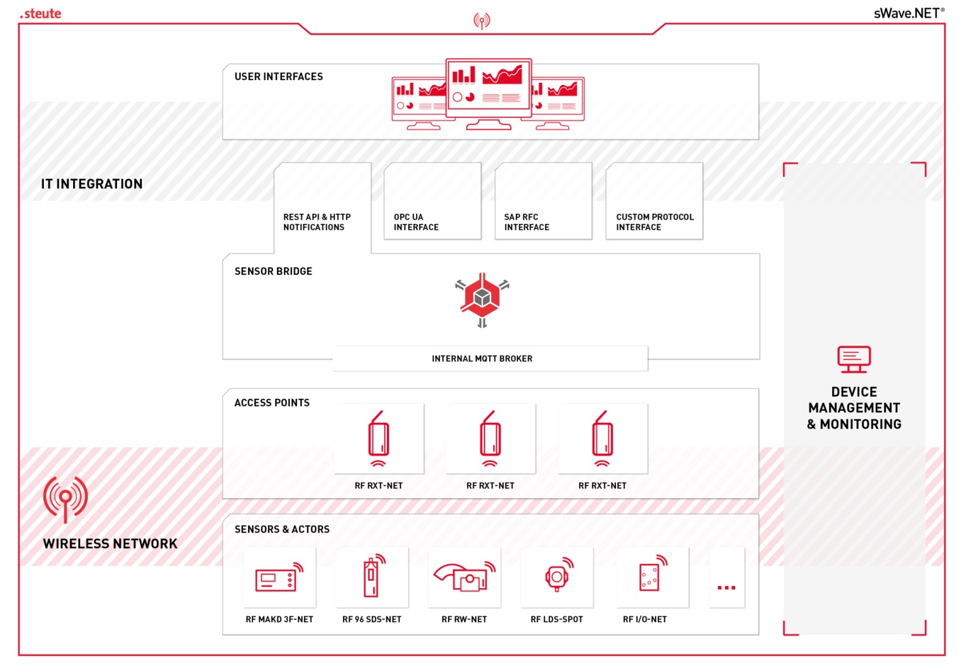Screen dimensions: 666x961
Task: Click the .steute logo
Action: point(40,13)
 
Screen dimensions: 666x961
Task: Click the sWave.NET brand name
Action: point(909,13)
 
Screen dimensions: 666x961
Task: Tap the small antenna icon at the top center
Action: point(482,21)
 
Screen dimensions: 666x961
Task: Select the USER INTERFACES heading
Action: point(279,77)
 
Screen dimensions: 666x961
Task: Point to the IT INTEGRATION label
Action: point(91,184)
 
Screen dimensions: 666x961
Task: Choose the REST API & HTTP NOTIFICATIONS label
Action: point(317,222)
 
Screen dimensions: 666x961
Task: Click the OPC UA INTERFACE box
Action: point(432,201)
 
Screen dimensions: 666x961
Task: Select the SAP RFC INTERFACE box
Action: point(543,201)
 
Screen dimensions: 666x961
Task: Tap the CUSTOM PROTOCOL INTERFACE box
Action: point(654,201)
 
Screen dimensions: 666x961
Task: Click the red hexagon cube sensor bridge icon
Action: point(482,298)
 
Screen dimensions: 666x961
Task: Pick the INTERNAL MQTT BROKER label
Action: point(482,359)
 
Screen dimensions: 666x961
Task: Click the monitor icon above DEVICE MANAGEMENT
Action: point(854,359)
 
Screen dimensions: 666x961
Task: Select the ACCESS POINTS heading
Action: point(272,402)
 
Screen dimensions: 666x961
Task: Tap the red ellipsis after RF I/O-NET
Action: point(726,587)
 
